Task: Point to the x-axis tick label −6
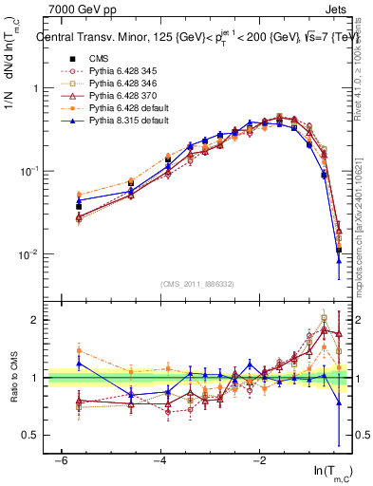click(61, 460)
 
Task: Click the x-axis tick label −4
click(160, 460)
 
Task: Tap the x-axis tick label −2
click(260, 460)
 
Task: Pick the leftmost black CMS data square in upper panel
click(79, 206)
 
